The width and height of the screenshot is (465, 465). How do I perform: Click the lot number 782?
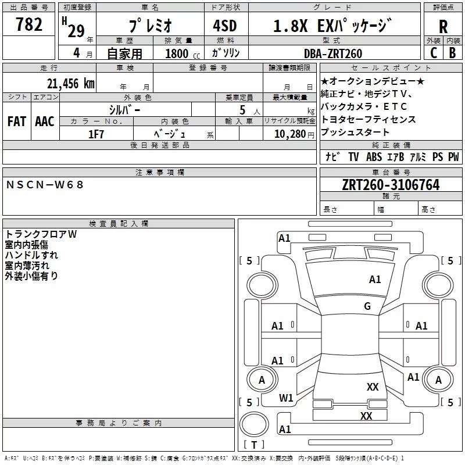[29, 24]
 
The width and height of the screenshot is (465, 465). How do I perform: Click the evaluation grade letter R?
[443, 26]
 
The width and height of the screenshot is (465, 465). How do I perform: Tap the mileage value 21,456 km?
[70, 83]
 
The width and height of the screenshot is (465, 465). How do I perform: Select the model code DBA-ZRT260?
[332, 53]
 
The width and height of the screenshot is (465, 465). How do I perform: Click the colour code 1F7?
[96, 134]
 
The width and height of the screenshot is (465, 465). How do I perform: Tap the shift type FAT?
[17, 121]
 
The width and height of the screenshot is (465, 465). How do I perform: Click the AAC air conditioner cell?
[45, 121]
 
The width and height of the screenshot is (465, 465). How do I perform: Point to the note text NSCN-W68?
[45, 185]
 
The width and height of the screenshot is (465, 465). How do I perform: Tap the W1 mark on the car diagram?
[286, 398]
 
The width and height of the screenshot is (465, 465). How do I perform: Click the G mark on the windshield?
[367, 306]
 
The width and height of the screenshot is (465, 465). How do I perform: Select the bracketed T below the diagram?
[253, 445]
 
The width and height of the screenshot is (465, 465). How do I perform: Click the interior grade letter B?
[452, 53]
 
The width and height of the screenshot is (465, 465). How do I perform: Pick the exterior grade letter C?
[434, 53]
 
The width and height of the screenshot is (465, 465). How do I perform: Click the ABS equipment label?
[374, 157]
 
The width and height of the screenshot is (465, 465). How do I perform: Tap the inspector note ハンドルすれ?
[31, 255]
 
